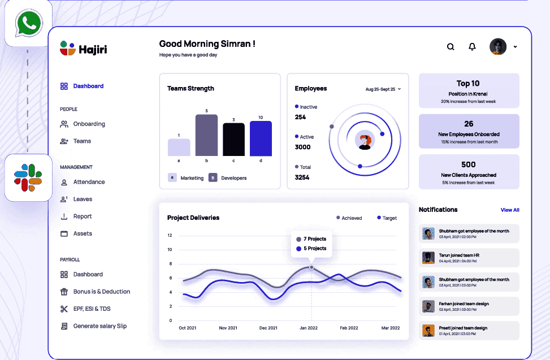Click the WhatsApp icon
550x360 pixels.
tap(28, 23)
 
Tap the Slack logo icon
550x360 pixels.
tap(28, 177)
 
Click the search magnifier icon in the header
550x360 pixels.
tap(451, 47)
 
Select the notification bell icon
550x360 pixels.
tap(472, 47)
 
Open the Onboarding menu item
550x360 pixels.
tap(89, 124)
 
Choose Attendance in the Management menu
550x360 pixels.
tap(89, 182)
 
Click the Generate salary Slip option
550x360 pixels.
tap(99, 326)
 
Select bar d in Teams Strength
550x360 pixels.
tap(261, 138)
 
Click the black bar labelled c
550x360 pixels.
tap(233, 140)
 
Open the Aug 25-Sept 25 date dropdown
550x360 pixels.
tap(383, 89)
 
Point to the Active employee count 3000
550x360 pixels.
tap(303, 147)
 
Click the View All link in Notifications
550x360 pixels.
tap(510, 210)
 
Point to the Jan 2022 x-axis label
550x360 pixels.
tap(309, 328)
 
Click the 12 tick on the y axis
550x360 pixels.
tap(170, 236)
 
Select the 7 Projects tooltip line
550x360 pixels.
tap(315, 239)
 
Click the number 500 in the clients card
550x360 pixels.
tap(469, 164)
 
